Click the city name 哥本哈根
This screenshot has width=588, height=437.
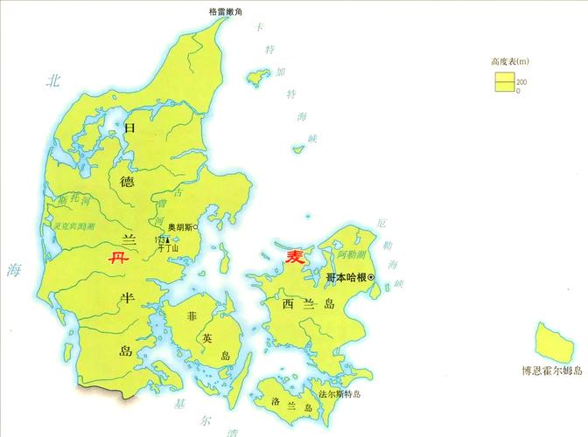pos(345,278)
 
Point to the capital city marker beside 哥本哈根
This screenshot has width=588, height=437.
pos(372,278)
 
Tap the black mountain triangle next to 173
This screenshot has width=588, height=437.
pos(168,239)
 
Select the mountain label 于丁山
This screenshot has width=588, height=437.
pos(168,249)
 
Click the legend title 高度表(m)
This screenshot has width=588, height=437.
pos(512,63)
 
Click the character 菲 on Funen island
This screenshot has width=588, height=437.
pos(192,316)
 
